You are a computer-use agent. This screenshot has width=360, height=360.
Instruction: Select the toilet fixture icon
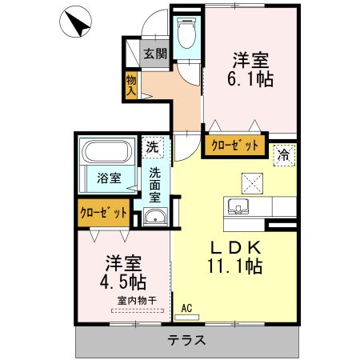pos(186,35)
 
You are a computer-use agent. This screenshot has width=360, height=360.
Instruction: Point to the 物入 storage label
pos(131,85)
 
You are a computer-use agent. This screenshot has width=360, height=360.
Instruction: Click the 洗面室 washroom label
pos(154,183)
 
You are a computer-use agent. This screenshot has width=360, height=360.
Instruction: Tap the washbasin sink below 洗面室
pos(154,217)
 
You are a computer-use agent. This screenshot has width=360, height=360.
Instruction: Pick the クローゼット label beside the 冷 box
pos(235,146)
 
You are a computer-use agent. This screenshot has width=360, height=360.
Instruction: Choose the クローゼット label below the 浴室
pos(103,213)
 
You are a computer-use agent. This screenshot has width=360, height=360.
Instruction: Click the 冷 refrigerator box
pos(283,153)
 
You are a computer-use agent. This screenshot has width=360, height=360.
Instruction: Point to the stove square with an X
pos(254,182)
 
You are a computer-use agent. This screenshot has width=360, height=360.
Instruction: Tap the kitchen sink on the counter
pos(238,207)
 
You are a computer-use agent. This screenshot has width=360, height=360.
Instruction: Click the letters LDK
pos(226,246)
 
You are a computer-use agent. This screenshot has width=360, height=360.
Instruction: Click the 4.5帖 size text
pos(122,281)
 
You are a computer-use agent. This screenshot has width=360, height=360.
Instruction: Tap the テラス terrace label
pos(187,339)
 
